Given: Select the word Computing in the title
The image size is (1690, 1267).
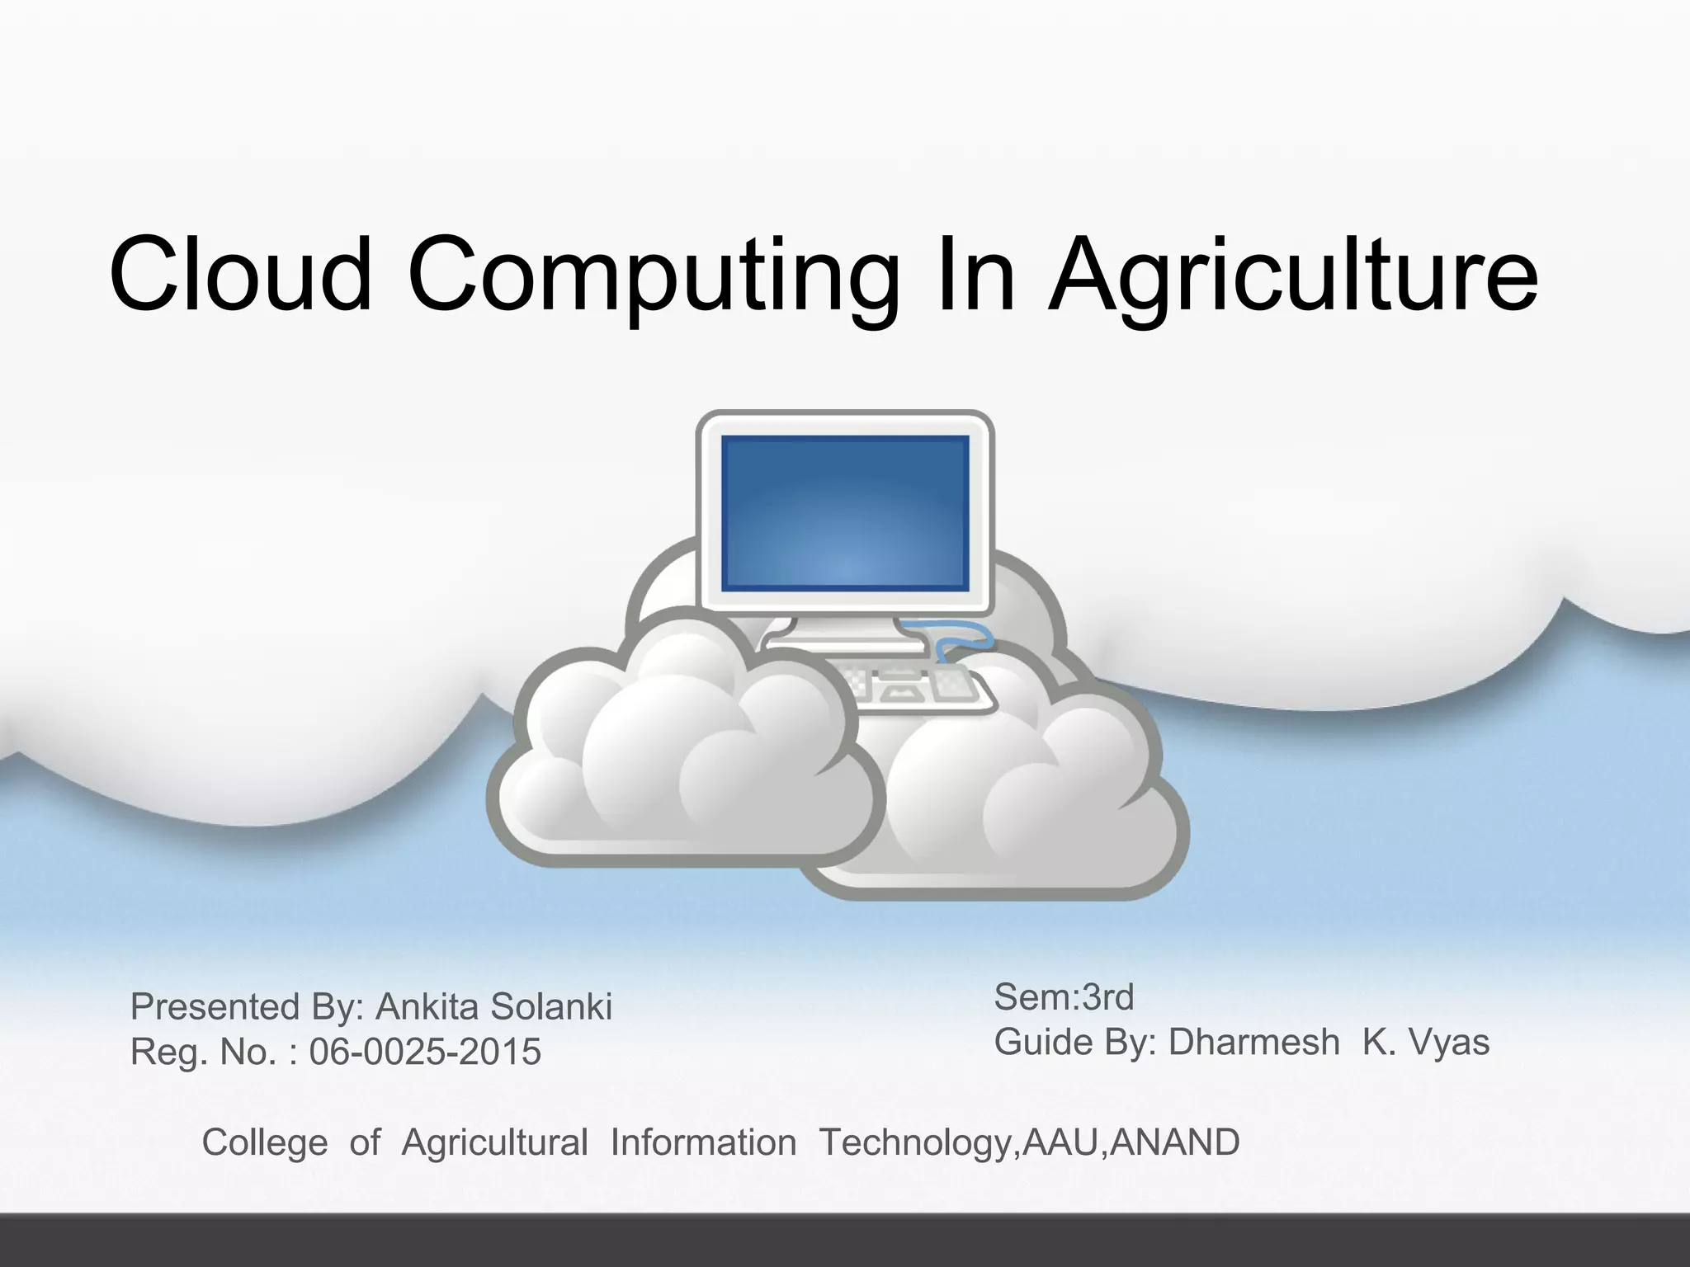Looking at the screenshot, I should (652, 274).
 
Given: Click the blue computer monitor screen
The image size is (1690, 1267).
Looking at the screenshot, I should (844, 513).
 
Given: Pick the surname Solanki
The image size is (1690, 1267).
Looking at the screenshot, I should (551, 1007).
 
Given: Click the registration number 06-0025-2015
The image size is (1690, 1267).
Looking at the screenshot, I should (425, 1052).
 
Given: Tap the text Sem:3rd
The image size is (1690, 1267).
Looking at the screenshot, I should (1064, 997).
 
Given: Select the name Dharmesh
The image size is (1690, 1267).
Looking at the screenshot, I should (1253, 1042).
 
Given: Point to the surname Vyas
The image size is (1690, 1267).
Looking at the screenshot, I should (1450, 1042).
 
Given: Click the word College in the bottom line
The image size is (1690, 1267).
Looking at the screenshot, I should (265, 1143).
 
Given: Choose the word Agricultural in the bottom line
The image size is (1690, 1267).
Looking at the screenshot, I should (494, 1143).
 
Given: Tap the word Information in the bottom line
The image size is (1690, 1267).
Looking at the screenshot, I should (703, 1143).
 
